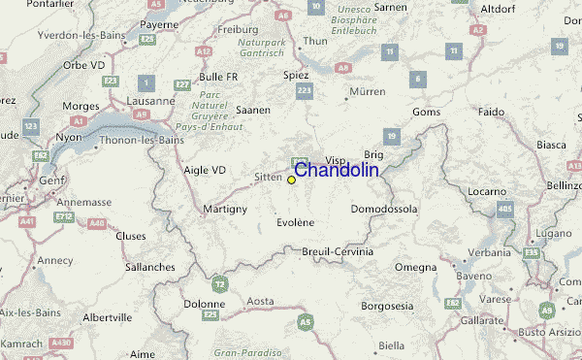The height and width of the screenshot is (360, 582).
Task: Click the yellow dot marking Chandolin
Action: [291, 180]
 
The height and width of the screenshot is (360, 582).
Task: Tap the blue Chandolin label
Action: [336, 171]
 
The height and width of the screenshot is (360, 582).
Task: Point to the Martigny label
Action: [226, 210]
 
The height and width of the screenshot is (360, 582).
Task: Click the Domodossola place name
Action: [383, 209]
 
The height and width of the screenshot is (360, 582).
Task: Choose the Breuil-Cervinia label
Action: [333, 251]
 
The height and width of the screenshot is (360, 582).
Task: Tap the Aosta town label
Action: [260, 303]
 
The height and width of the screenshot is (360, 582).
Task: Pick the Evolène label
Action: [296, 222]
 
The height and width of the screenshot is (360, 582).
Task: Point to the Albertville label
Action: [107, 317]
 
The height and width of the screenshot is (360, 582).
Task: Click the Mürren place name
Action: [367, 93]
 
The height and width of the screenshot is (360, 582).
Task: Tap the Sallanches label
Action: [150, 266]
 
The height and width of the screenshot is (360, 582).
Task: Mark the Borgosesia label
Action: [387, 307]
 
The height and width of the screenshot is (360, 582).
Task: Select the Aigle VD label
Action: [204, 170]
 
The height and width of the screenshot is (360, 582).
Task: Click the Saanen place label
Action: [252, 110]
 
